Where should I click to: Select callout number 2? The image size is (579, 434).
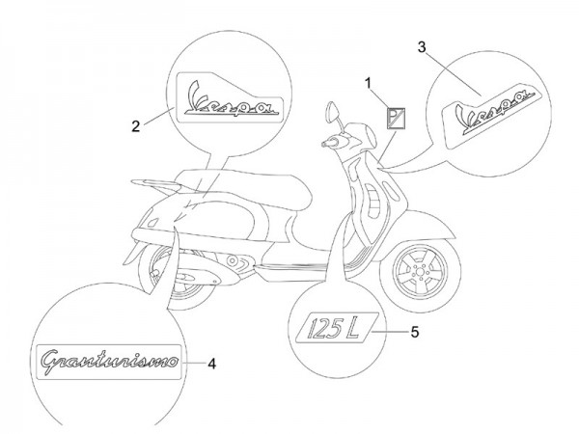click(x=136, y=124)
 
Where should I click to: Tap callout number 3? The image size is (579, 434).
click(x=421, y=46)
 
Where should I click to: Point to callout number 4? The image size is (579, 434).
click(x=211, y=364)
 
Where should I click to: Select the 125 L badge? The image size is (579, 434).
click(x=333, y=332)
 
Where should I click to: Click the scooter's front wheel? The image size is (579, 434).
click(x=424, y=266)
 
